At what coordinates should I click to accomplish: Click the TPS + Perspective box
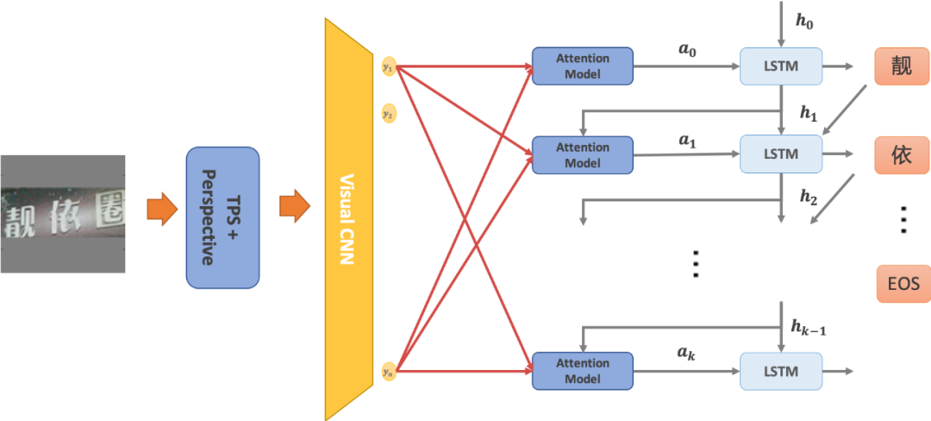222,217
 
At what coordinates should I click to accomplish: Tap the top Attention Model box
582,66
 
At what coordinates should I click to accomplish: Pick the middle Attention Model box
582,154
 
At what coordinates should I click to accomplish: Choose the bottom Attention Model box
582,370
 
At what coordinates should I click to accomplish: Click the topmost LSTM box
781,66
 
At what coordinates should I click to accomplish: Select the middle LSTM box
781,154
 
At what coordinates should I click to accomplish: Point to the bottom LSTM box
781,371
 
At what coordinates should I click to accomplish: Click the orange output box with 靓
902,66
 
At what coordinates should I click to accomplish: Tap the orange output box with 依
902,154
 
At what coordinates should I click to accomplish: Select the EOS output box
903,283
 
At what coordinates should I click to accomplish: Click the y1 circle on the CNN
389,66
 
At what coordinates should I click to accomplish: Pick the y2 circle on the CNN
389,113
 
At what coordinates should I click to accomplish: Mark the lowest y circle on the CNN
389,371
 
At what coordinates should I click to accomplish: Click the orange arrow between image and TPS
158,210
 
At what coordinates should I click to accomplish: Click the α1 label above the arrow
686,141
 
